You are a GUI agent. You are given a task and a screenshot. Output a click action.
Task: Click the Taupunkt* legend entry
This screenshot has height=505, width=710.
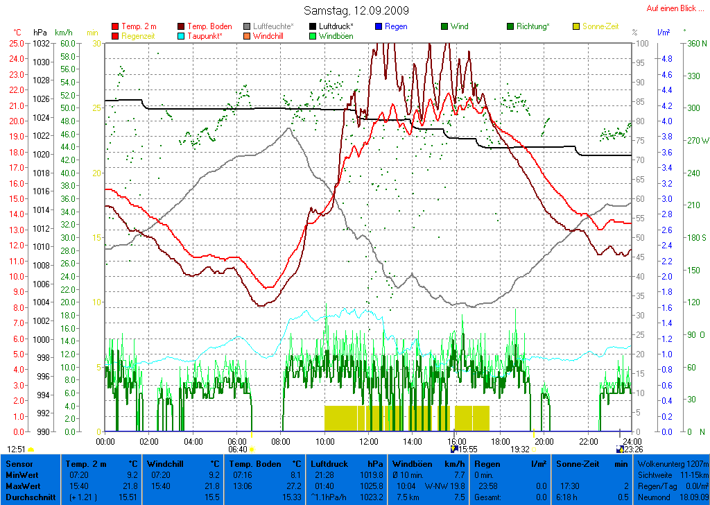pyautogui.click(x=205, y=35)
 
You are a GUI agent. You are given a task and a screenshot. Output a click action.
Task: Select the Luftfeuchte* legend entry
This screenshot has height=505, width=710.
pyautogui.click(x=273, y=26)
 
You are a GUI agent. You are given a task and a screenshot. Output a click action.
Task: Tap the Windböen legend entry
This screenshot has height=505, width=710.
pyautogui.click(x=336, y=35)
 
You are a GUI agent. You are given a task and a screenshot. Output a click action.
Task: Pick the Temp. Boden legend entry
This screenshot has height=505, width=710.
pyautogui.click(x=209, y=26)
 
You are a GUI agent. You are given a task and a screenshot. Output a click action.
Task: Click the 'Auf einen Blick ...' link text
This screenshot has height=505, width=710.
pyautogui.click(x=673, y=8)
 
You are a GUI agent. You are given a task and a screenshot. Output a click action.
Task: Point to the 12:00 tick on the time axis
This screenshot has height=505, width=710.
pyautogui.click(x=368, y=441)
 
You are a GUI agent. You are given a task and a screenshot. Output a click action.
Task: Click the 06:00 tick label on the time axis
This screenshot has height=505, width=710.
pyautogui.click(x=237, y=441)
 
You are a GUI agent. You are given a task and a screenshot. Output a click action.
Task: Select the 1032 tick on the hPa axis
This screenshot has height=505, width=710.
pyautogui.click(x=40, y=43)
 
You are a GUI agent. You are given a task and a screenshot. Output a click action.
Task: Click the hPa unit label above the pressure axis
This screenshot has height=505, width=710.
pyautogui.click(x=40, y=33)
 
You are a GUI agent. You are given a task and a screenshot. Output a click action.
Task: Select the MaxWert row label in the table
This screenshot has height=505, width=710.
pyautogui.click(x=22, y=487)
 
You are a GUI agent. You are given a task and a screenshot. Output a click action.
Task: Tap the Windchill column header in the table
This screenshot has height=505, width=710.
pyautogui.click(x=165, y=463)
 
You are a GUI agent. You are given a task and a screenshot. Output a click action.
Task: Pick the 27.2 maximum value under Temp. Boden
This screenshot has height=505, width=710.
pyautogui.click(x=295, y=487)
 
